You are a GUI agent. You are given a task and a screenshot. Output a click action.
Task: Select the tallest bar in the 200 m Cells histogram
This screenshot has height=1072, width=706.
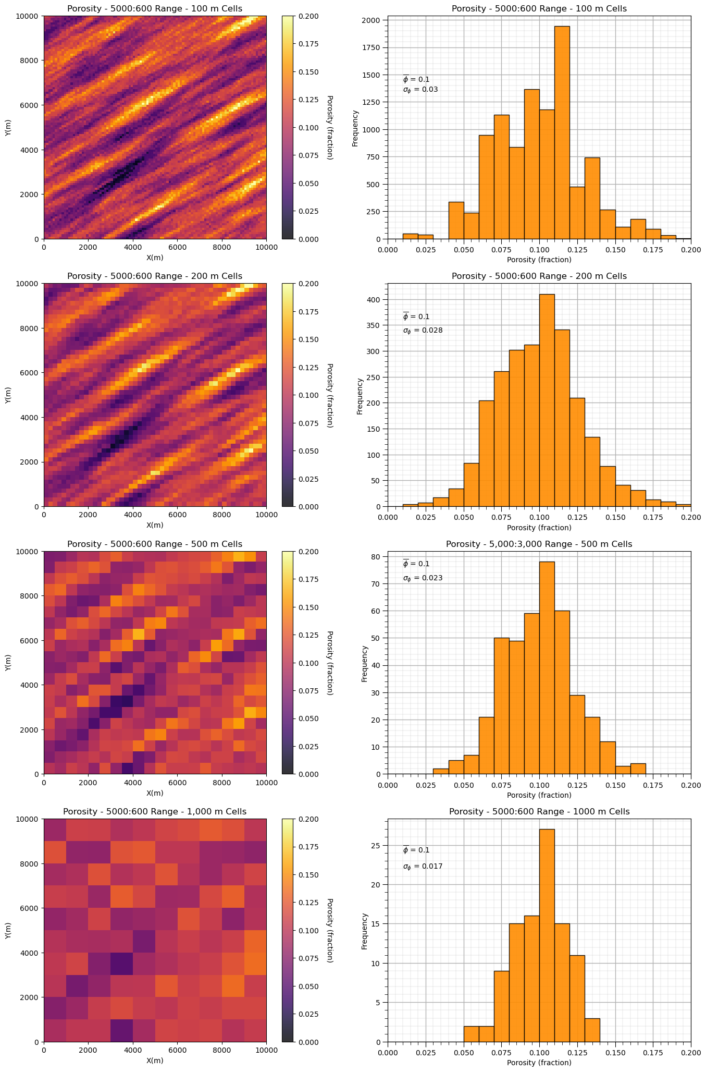coord(547,400)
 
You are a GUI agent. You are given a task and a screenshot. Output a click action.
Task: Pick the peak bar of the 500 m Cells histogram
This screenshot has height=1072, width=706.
coord(547,668)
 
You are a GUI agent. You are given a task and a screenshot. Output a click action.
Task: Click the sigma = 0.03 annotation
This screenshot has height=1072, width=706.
coord(420,90)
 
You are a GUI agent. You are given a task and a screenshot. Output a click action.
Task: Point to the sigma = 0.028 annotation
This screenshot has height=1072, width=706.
coord(423,331)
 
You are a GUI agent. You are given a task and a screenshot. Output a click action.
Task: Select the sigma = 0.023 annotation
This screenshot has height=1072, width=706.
coord(423,578)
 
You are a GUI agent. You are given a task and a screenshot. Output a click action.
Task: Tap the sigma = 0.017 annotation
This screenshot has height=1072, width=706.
coord(423,867)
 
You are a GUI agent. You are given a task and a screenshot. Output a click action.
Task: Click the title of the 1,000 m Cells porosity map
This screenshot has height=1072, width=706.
coord(155,812)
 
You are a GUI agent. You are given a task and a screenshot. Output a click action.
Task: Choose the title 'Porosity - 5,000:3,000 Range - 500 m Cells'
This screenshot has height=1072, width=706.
coord(539,544)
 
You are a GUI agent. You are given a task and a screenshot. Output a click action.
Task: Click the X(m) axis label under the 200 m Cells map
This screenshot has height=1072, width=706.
coord(155,525)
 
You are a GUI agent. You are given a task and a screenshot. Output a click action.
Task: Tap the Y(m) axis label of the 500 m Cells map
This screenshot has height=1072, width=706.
coord(8,663)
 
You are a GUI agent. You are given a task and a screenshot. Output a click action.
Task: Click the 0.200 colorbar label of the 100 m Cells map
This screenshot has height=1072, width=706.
coord(307,16)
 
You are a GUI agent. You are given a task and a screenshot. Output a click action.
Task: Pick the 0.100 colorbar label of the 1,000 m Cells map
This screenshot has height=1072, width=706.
coord(307,931)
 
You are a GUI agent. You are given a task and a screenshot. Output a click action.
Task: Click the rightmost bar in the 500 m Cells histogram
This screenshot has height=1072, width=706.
coord(638,769)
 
